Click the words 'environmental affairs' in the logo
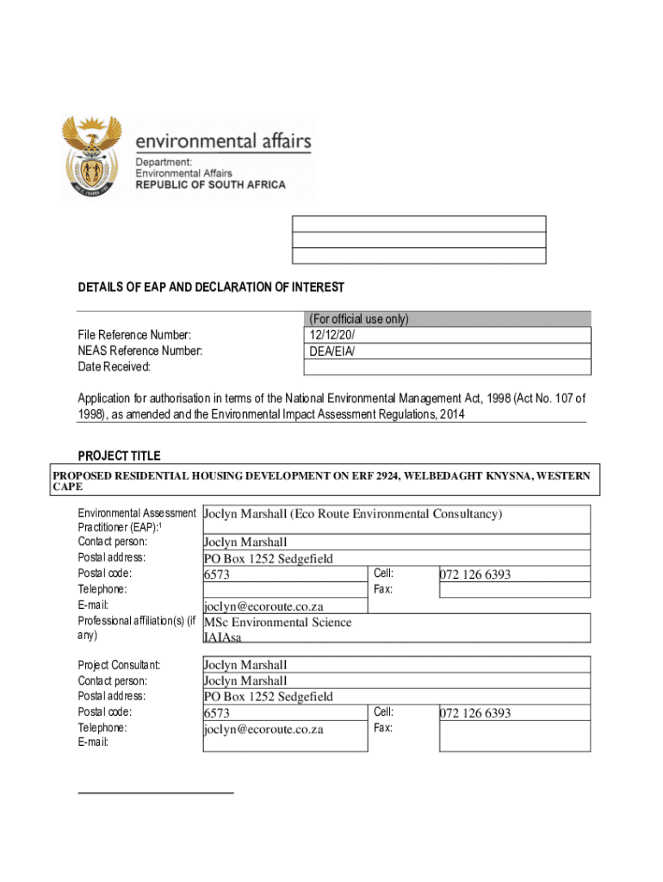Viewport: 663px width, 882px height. point(223,140)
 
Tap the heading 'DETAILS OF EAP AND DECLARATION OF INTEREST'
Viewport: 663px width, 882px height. point(211,287)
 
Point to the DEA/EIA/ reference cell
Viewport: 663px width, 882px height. point(331,351)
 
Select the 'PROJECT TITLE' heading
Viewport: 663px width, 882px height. point(119,456)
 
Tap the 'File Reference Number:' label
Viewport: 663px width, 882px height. point(134,335)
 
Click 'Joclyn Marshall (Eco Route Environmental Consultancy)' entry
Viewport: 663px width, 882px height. point(352,514)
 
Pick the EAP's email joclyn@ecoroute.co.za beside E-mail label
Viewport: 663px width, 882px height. point(263,606)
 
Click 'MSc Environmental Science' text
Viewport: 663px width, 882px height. point(277,622)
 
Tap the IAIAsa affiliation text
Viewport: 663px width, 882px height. point(222,637)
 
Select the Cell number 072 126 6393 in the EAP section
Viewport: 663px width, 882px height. point(475,574)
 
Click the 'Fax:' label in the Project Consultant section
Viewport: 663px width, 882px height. point(383,728)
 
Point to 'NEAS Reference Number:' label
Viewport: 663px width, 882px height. point(140,351)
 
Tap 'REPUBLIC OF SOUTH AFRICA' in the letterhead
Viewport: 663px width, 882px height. point(210,185)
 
